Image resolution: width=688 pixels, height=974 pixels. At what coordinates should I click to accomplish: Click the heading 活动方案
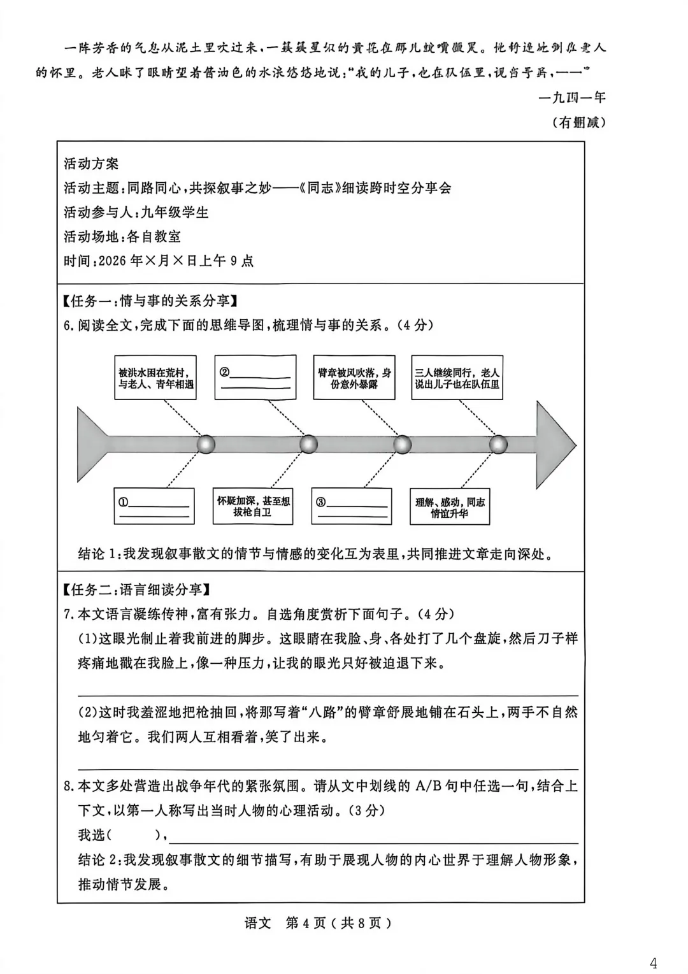91,164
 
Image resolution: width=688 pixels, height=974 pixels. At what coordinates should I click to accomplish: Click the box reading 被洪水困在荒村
155,378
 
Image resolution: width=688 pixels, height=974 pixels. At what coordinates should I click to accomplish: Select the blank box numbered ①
155,507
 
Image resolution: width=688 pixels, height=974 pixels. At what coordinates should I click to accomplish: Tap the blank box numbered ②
255,378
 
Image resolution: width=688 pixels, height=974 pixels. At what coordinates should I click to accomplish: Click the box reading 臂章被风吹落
354,378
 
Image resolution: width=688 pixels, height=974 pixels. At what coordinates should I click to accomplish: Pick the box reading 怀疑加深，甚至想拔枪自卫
253,506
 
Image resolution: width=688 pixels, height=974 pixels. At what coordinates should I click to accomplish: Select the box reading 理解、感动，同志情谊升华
450,507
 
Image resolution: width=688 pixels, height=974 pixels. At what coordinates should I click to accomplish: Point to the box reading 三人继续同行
457,378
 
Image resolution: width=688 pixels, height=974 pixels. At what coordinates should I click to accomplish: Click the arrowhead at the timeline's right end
554,444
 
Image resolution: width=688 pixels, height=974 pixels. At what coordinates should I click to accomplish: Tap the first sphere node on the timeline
206,444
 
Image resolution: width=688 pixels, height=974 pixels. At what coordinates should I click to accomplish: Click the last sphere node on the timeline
498,444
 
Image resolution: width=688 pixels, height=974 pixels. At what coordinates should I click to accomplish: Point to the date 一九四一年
571,97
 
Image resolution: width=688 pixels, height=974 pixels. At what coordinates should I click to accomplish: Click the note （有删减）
578,122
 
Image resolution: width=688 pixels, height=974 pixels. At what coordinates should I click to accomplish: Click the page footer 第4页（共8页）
338,923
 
